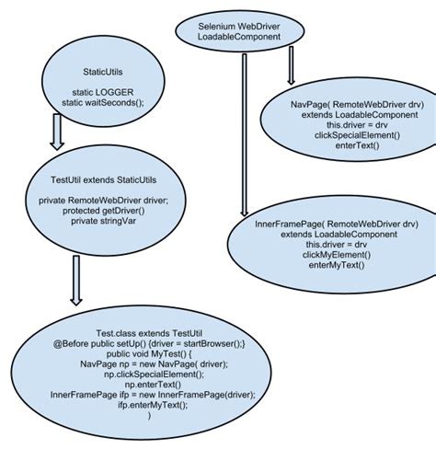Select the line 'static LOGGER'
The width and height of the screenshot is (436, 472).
(x=103, y=91)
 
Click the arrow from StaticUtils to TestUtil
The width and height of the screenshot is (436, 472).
(x=57, y=131)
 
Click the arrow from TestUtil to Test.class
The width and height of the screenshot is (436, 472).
(x=75, y=280)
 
